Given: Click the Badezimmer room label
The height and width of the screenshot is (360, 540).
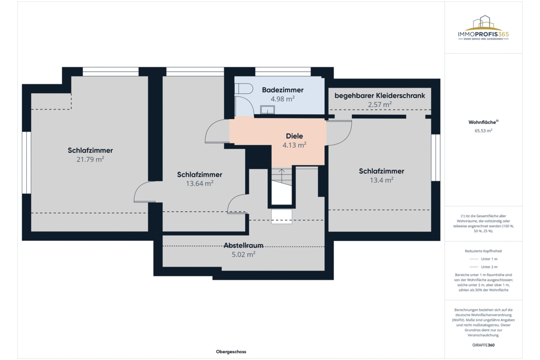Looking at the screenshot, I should (283, 90).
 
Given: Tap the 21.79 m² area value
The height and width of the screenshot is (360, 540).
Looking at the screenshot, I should (90, 159).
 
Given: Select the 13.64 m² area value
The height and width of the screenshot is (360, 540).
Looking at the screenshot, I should (199, 183).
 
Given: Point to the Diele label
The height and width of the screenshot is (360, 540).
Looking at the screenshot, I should (294, 135).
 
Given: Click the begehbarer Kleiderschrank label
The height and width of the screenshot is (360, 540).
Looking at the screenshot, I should (380, 95).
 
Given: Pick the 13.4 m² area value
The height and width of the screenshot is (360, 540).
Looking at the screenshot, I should (381, 180).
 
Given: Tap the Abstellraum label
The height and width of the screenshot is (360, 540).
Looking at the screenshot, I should (243, 245).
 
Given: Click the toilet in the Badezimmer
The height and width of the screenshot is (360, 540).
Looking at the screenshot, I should (244, 90).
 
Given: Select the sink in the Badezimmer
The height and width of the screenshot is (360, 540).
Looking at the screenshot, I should (268, 110).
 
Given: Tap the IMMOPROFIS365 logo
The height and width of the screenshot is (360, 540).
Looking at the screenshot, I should (483, 29).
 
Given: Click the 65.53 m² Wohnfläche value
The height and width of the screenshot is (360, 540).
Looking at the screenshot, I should (483, 131).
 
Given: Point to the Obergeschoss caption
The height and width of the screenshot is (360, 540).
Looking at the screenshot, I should (231, 352).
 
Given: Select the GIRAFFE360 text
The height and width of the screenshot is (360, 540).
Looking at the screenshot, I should (483, 345).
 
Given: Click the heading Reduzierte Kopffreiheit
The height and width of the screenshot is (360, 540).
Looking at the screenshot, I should (483, 251).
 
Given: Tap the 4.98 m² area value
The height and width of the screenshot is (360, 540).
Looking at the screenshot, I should (283, 99).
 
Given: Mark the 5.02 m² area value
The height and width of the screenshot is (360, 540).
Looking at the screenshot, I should (243, 254).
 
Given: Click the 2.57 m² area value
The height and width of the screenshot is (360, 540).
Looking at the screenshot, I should (380, 104).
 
